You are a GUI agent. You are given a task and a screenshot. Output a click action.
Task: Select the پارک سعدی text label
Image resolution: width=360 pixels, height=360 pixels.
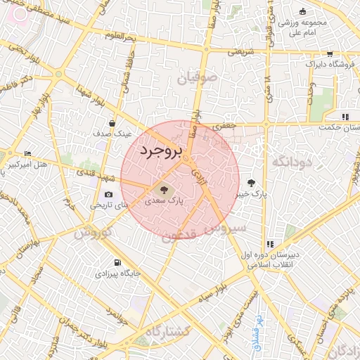click(x=164, y=200)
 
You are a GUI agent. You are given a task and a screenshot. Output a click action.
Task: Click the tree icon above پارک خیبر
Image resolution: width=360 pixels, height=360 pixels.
click(x=251, y=183)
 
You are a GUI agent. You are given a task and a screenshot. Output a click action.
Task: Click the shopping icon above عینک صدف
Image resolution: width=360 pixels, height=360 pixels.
click(x=112, y=123)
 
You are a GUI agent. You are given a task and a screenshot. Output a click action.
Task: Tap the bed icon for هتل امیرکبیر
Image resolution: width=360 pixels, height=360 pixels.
click(x=28, y=153)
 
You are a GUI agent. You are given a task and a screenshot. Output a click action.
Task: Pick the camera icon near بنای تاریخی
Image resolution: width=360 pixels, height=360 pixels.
click(x=108, y=194)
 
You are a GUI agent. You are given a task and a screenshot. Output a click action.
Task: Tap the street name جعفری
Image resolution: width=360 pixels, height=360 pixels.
click(x=225, y=125)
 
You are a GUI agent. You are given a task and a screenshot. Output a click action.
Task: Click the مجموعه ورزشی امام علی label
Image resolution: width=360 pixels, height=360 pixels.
click(x=303, y=26)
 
